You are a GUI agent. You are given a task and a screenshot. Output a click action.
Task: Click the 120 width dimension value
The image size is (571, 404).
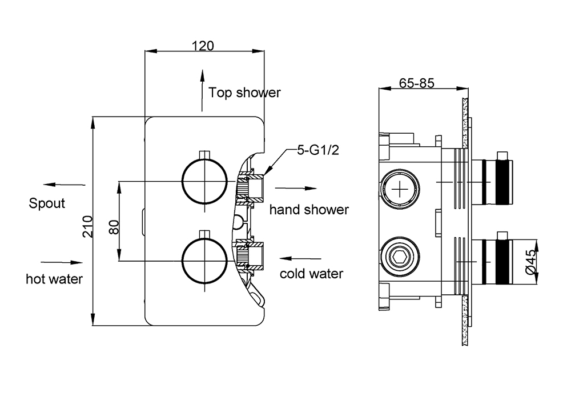203,45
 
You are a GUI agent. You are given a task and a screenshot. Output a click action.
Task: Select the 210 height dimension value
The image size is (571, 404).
87,226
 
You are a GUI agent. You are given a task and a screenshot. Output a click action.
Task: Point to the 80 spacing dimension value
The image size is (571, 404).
114,226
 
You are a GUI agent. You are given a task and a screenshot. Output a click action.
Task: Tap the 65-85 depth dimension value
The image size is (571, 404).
417,83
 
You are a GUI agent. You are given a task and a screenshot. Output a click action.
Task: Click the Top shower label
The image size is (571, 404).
244,93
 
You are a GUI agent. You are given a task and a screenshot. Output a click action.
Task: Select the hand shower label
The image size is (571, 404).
309,210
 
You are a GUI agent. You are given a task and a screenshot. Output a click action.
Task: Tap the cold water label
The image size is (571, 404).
311,274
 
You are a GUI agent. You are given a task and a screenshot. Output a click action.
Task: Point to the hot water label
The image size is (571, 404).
54,279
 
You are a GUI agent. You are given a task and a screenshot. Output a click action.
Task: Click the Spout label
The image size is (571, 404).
47,203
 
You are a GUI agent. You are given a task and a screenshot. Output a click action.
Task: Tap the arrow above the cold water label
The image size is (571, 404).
301,257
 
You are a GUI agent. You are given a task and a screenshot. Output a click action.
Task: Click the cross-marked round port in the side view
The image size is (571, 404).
402,187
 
